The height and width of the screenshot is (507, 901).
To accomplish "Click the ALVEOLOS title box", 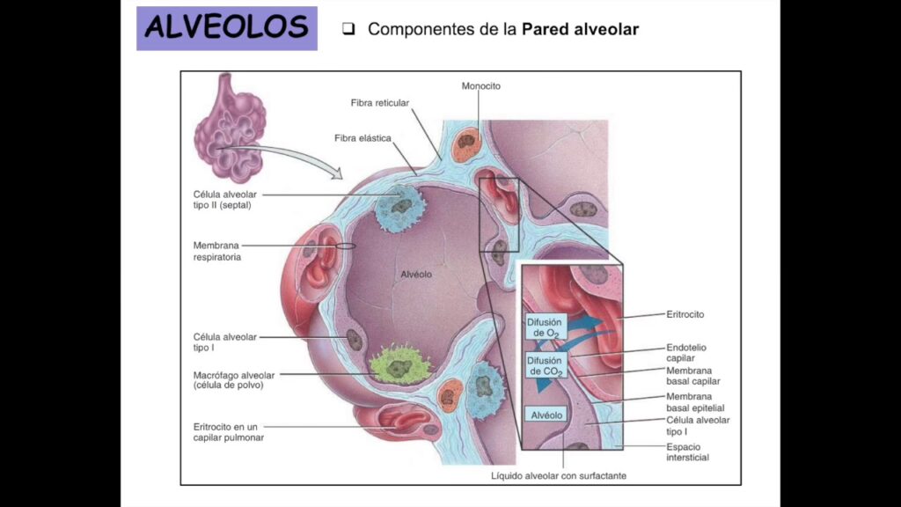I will [226, 28].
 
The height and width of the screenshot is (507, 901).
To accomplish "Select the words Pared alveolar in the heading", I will [580, 29].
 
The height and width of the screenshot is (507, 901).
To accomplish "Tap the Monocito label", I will [480, 86].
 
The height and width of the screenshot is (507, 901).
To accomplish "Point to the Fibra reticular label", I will [380, 103].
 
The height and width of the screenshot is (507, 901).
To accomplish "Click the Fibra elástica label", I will [363, 138].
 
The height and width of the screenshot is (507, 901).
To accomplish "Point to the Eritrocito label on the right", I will [685, 314].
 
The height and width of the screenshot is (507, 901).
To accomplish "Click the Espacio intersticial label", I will [687, 452].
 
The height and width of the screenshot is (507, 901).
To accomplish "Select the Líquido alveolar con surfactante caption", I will [560, 477].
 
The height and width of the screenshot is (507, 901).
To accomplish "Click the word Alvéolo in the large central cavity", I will [416, 274].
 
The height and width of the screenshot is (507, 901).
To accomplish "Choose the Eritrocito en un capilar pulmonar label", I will [228, 431].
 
